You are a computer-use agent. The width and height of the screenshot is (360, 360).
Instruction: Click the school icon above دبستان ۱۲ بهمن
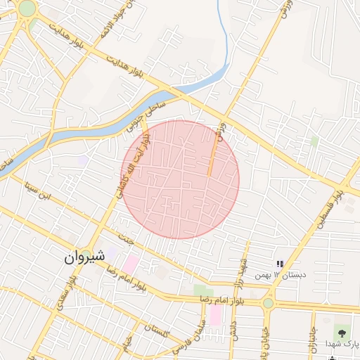pyautogui.click(x=280, y=264)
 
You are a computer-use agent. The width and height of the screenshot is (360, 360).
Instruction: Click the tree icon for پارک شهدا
pyautogui.click(x=343, y=330)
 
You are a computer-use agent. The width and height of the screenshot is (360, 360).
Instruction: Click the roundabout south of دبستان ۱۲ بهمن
pyautogui.click(x=268, y=303)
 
